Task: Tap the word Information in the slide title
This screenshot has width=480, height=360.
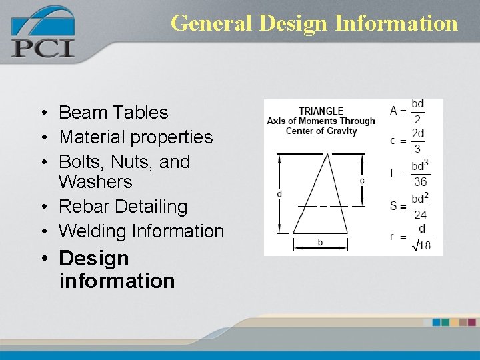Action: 397,23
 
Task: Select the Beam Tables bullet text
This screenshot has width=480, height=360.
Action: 113,113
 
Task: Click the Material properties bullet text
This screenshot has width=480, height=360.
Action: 135,137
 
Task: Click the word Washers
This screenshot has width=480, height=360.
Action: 95,182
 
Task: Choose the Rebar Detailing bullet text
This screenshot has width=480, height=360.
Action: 123,207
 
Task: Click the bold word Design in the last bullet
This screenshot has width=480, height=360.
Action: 93,258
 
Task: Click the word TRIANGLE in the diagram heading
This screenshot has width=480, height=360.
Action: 321,111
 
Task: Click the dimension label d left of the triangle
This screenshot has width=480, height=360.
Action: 279,194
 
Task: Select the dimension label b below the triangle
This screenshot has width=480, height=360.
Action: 320,242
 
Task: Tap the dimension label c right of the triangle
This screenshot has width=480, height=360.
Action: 362,181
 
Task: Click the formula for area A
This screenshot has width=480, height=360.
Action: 407,111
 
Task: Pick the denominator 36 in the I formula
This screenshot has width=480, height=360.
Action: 420,182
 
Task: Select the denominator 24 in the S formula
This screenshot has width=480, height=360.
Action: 419,215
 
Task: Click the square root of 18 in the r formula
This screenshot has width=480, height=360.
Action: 422,245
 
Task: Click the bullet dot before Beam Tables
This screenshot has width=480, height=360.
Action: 41,113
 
